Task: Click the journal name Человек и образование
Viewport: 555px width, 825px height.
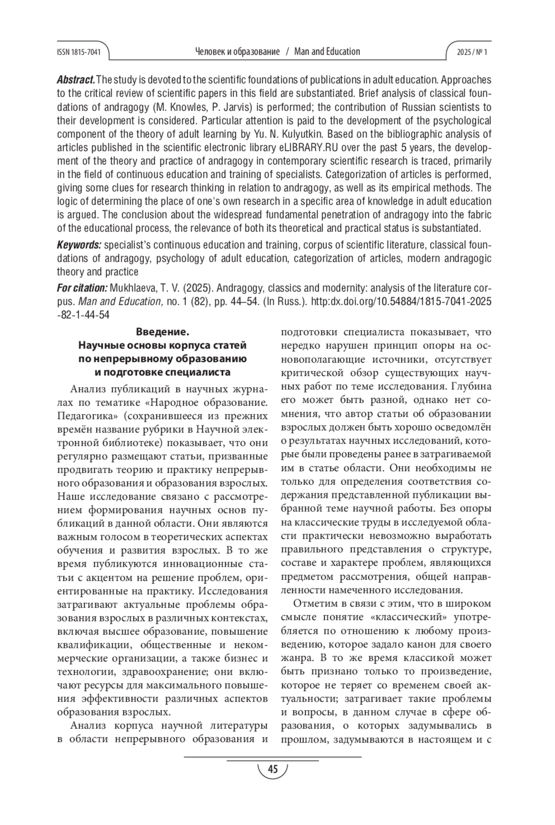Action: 238,52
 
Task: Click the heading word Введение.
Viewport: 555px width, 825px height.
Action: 163,332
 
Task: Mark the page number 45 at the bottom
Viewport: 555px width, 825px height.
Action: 272,769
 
